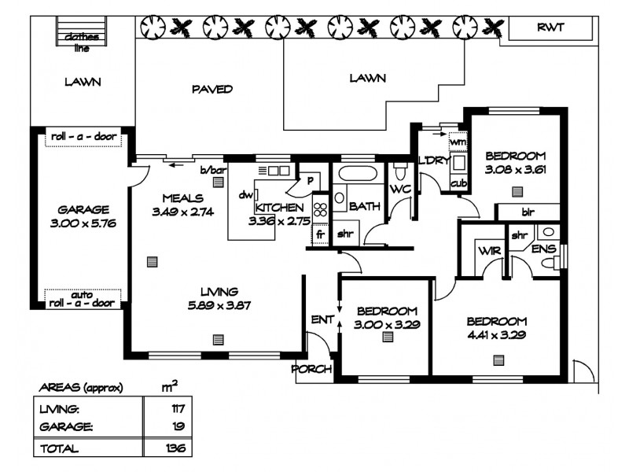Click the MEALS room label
[x=182, y=197]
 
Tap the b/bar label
[x=213, y=170]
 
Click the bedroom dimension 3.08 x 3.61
[x=515, y=169]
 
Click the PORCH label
[x=312, y=369]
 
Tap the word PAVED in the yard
[x=212, y=89]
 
